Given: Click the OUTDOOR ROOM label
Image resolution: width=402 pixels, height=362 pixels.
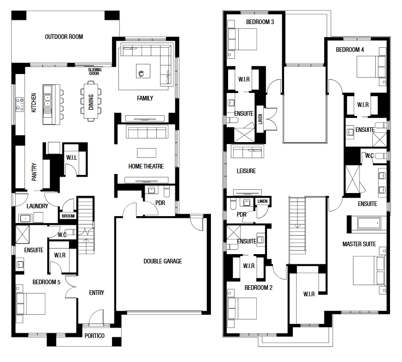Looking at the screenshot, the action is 64,37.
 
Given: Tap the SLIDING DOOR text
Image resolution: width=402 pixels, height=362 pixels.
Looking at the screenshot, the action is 95,72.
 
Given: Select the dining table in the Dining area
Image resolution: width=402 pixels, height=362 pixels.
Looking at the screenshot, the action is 91,101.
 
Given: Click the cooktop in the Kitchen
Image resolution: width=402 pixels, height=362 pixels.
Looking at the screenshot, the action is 20,104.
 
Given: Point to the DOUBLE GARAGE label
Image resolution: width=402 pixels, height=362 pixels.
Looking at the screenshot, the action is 163,261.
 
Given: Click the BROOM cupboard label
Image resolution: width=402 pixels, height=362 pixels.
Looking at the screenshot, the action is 68,216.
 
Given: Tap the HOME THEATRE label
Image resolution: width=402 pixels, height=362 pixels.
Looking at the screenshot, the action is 146,166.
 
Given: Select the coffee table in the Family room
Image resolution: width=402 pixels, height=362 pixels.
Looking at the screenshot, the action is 143,71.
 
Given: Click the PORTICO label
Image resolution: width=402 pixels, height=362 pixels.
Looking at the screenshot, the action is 94,336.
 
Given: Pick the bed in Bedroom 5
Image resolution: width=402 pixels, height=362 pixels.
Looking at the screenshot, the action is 31,304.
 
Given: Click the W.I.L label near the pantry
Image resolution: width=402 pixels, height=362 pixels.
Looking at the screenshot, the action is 72,157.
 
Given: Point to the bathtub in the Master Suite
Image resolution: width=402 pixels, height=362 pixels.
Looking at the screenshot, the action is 369,223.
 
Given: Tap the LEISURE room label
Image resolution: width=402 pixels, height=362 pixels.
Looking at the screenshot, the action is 246,171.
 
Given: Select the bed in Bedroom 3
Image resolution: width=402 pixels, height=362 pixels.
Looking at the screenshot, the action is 242,39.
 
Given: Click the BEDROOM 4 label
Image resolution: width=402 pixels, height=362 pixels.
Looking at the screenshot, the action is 350,50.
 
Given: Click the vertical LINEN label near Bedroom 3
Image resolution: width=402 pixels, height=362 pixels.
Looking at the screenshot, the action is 260,119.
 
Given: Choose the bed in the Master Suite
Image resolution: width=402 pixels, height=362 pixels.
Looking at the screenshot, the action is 369,270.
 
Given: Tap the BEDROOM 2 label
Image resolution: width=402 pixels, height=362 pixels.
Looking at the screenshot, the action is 258,287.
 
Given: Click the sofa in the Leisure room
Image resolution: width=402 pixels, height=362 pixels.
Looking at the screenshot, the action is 247,152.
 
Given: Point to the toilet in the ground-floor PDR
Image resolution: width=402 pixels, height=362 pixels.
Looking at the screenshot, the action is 167,191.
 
